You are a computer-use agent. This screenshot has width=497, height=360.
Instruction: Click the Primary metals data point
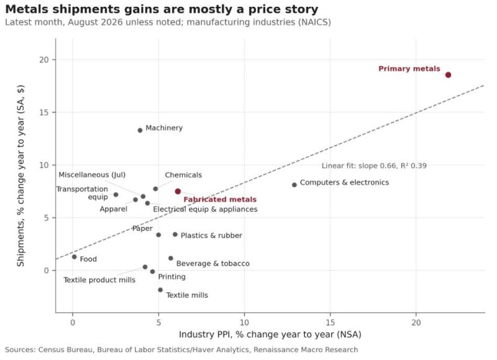pos(448,75)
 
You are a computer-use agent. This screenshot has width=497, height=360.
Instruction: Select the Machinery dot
pos(140,131)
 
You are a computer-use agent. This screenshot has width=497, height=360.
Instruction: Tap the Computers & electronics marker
pos(294,185)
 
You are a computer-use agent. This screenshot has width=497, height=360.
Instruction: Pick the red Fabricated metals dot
pos(178,192)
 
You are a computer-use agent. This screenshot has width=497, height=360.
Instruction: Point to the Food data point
pos(74,257)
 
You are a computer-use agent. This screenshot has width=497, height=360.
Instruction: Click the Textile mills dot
pos(160,290)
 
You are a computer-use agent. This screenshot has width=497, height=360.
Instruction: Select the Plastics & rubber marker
pos(175,234)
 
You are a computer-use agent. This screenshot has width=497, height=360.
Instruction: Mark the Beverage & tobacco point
pos(171,258)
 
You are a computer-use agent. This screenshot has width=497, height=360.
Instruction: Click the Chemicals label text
pos(183,175)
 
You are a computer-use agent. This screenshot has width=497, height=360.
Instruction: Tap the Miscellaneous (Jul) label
pos(92,175)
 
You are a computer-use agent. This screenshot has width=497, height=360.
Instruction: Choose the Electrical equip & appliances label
pos(205,210)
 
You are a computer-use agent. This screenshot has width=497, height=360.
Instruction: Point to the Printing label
pos(172,277)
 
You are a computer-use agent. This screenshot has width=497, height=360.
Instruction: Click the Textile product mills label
pos(99,280)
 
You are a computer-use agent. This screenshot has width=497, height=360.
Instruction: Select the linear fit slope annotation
pos(374,166)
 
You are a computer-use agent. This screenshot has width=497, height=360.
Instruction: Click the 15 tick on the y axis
pos(44,113)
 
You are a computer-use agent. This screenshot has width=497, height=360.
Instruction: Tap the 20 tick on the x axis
pos(416,323)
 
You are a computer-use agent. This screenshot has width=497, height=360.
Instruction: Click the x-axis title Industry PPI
pos(270,335)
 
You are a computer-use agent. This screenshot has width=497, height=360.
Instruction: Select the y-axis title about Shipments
pos(21,175)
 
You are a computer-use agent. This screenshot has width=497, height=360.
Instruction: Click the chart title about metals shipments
pos(162,9)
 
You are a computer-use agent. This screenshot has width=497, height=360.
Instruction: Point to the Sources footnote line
pos(181,350)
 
